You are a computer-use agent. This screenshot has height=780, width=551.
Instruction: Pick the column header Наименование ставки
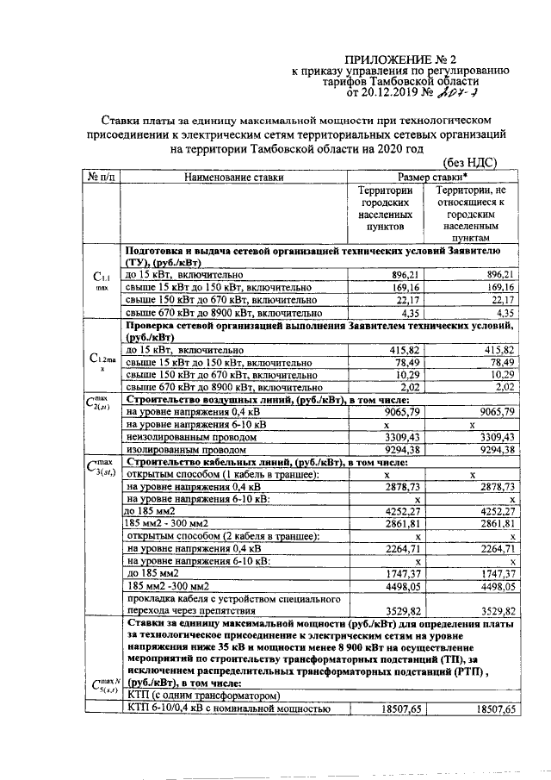click(233, 178)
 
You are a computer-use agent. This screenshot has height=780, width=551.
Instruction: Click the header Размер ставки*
click(436, 177)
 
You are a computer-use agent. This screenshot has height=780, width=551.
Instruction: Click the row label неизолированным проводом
click(185, 437)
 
